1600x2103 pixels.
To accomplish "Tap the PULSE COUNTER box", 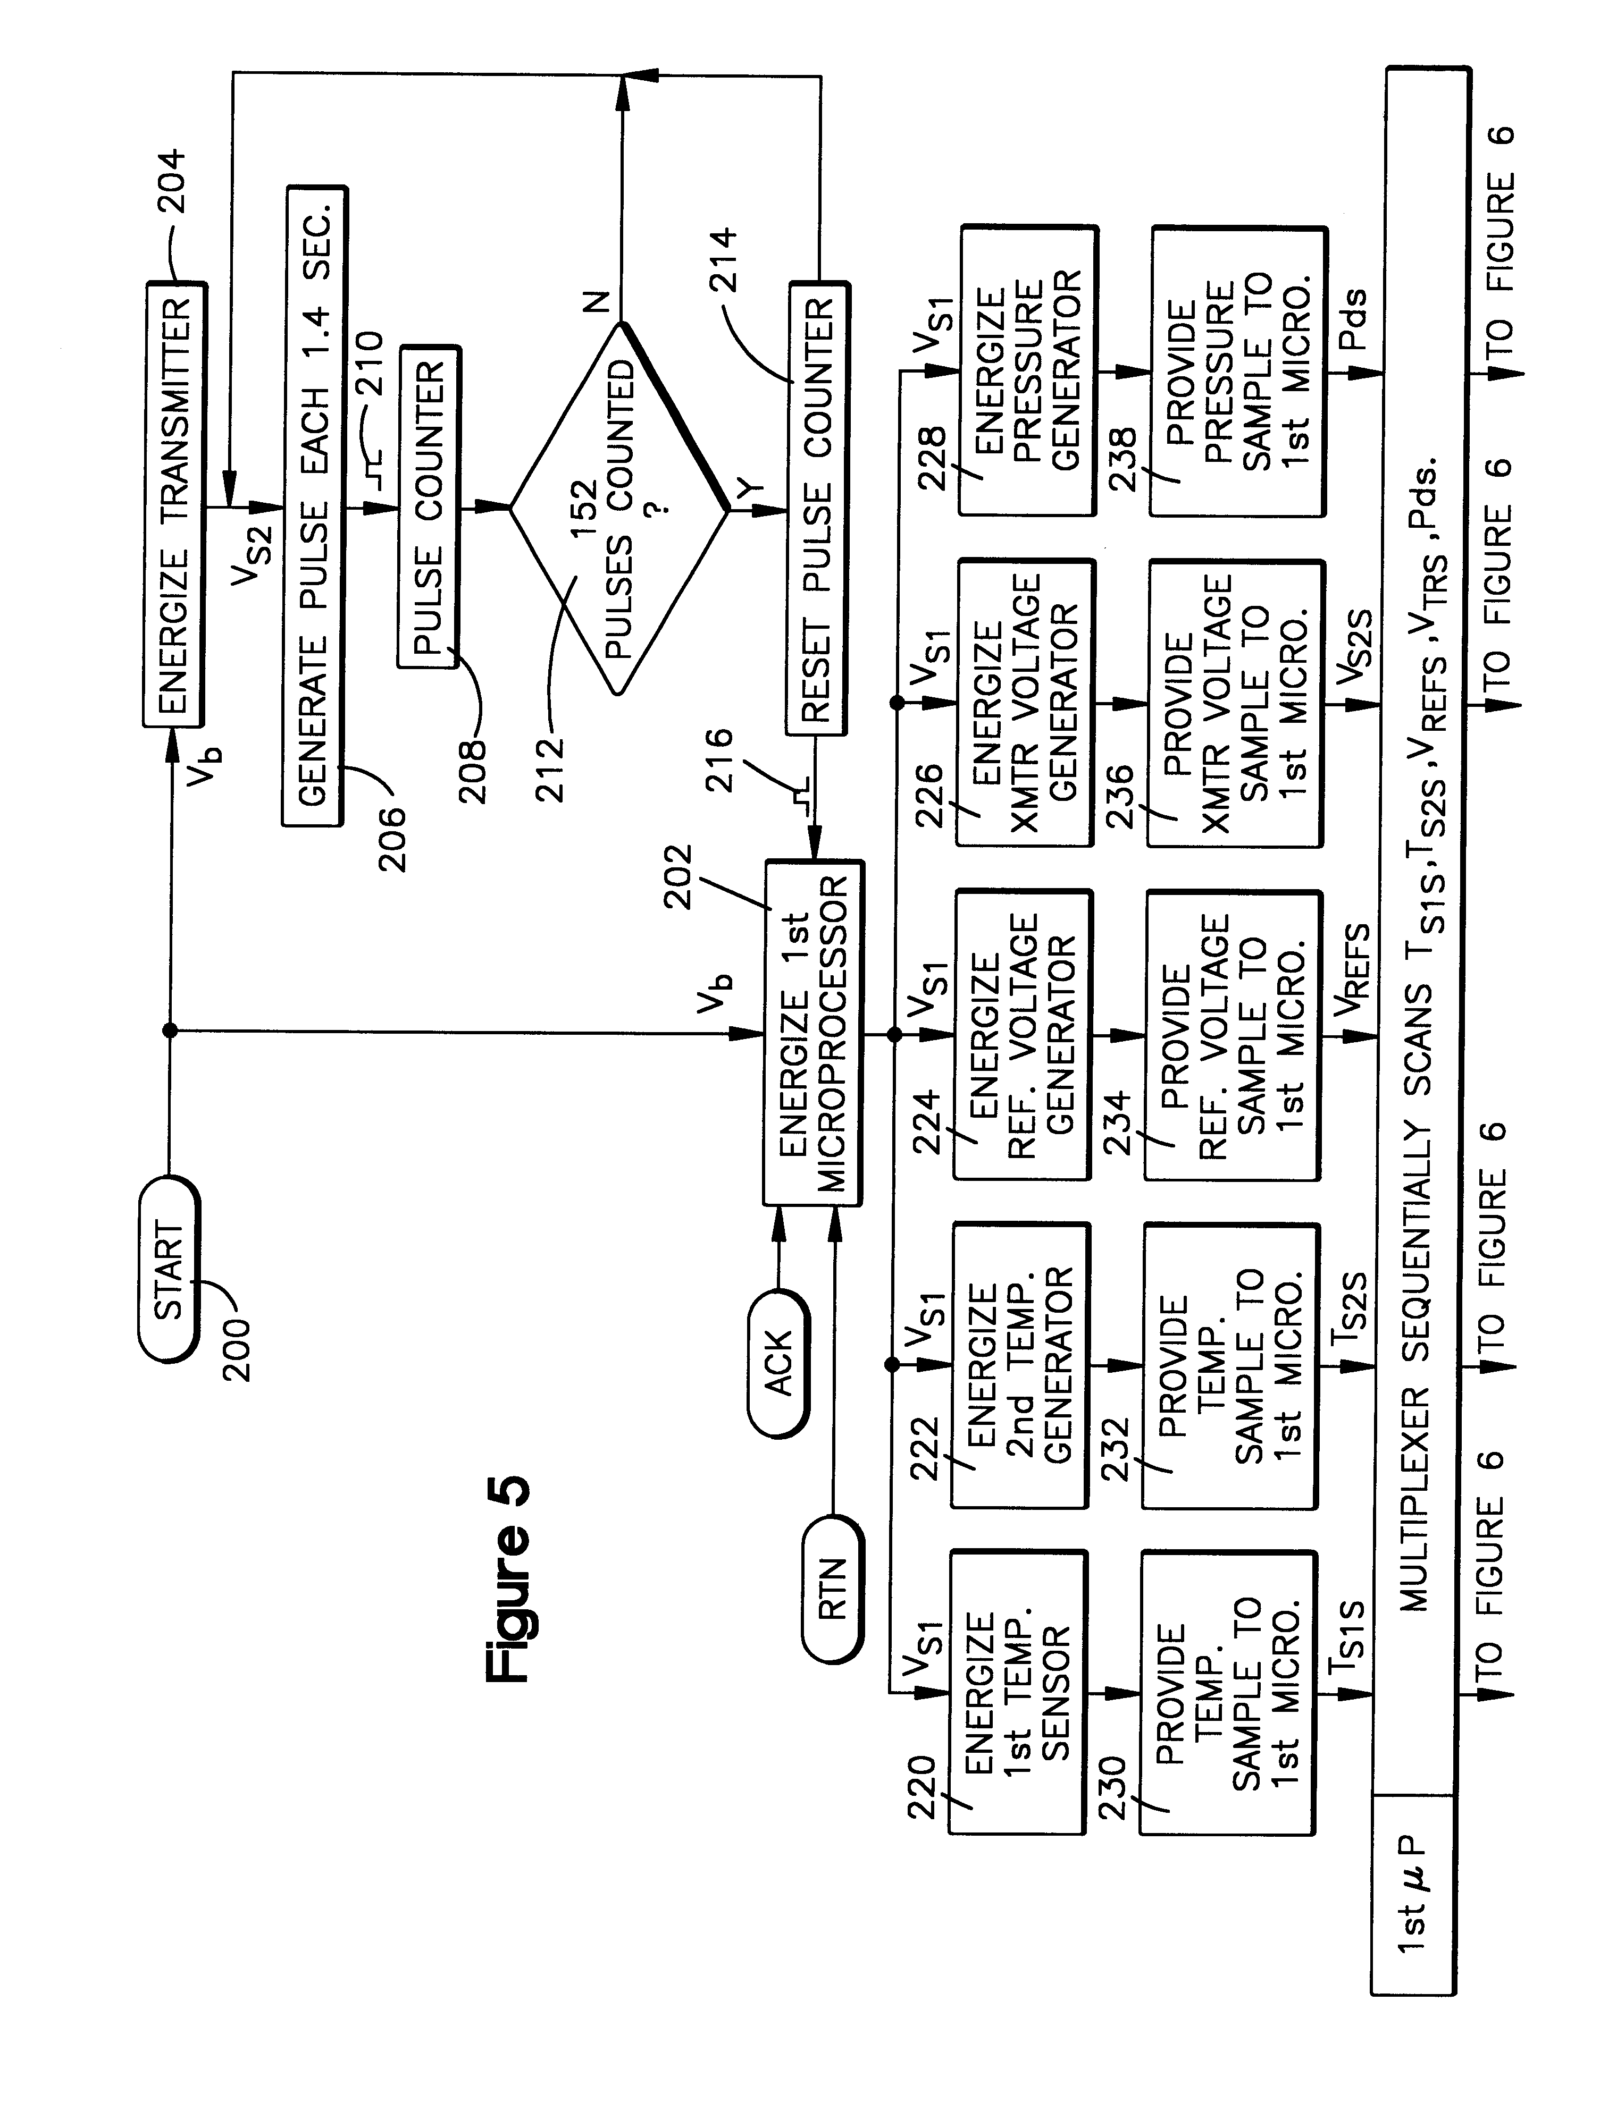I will pos(429,508).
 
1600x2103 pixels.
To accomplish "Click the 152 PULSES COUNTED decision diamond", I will pos(619,509).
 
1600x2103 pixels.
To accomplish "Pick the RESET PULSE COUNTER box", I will pos(817,508).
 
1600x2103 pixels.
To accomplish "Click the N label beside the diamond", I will pos(594,303).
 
